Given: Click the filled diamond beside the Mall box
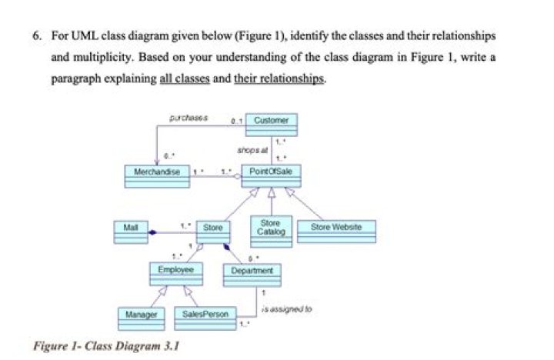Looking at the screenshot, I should (154, 231).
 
